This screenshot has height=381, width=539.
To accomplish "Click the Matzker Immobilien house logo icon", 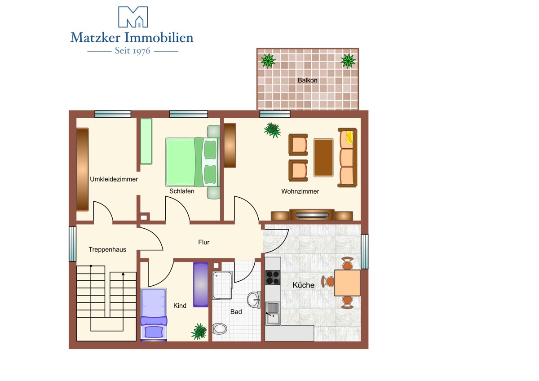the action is pos(133,17).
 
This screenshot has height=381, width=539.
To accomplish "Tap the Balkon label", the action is pos(307,80).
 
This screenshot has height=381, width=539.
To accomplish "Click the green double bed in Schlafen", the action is pos(193,162).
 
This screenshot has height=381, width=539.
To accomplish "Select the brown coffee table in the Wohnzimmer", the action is pos(323,158).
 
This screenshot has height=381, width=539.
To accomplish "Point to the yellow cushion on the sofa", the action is pos(349,137).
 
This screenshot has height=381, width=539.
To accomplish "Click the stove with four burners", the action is pos(273,277).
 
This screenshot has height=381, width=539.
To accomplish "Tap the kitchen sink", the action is pos(273,313).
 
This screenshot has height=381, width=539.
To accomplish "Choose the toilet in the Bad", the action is pos(220,328).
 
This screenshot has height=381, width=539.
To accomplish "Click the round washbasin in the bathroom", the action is pos(254,300).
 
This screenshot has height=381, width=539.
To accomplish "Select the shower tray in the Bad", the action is pos(222,285).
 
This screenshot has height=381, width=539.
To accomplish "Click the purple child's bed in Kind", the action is pos(154,315).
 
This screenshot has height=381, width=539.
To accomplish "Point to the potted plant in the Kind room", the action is pos(199,332).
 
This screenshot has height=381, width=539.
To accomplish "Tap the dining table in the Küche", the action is pos(347,283).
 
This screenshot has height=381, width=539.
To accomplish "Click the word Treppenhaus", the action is pos(107,249).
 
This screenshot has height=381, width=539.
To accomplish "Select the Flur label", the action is pos(204,242).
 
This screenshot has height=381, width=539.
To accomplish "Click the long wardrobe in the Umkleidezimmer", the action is pos(83,169).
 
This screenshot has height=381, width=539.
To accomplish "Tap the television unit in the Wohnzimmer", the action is pos(312,215).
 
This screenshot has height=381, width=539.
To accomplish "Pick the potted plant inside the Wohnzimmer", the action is pos(272,130).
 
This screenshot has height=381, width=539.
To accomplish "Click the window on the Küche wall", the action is pos(365,252).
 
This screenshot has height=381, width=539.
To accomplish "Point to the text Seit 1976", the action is pos(133,51).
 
